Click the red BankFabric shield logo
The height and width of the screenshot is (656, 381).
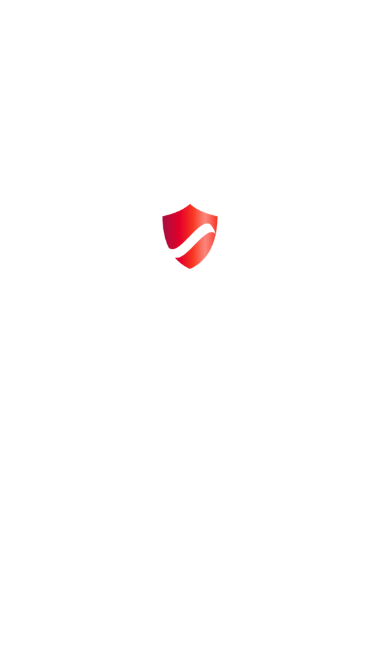pos(190,236)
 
